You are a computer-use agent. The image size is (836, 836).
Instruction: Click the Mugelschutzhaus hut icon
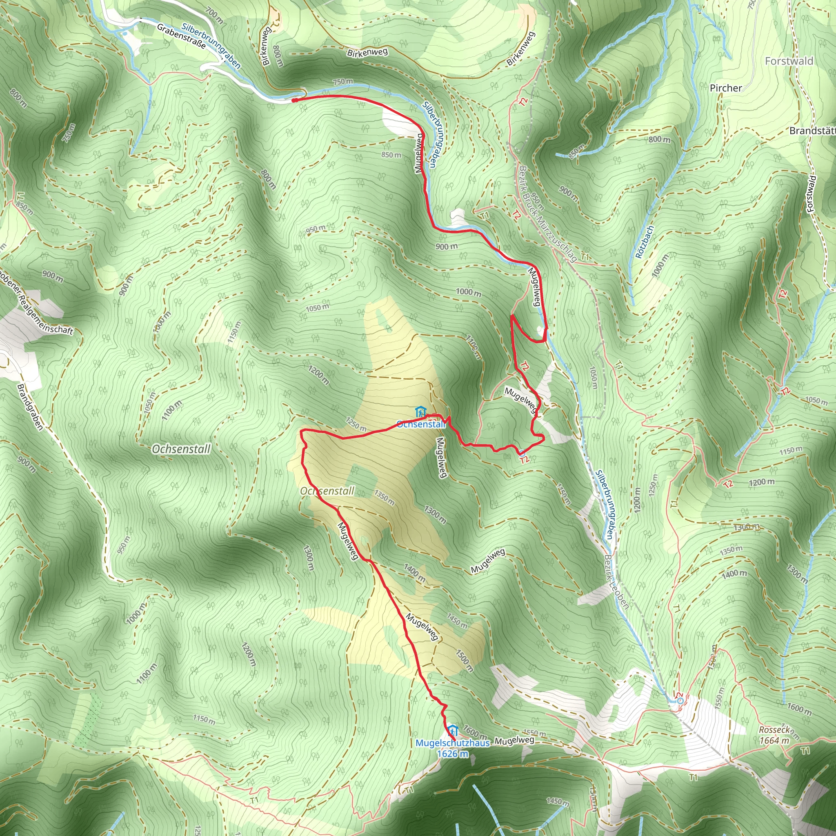click(452, 731)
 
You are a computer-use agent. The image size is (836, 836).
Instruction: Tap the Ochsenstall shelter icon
click(420, 412)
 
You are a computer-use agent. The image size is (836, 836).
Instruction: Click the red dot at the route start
click(294, 100)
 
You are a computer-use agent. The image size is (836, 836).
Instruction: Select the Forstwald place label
click(789, 61)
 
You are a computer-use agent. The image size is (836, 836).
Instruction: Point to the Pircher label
click(726, 88)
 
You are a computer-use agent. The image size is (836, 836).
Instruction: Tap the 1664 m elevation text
click(774, 740)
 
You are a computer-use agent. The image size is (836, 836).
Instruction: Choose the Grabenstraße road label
click(181, 36)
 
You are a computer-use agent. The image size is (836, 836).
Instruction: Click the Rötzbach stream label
click(644, 242)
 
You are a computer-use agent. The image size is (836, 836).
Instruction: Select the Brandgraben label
click(30, 407)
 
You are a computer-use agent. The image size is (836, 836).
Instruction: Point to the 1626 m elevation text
click(452, 754)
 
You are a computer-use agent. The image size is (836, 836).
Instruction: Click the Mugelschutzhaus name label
click(452, 743)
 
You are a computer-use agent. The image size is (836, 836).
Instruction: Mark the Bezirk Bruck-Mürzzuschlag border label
click(548, 214)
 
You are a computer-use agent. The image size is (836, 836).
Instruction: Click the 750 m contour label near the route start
click(343, 81)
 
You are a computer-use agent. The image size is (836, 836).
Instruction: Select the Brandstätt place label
click(812, 130)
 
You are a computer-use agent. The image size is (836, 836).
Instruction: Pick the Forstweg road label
click(812, 193)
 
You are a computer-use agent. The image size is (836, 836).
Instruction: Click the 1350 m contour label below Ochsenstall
click(384, 498)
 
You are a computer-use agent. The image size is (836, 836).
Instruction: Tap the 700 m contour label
click(215, 15)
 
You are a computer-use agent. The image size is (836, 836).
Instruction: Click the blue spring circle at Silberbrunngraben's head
click(680, 700)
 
